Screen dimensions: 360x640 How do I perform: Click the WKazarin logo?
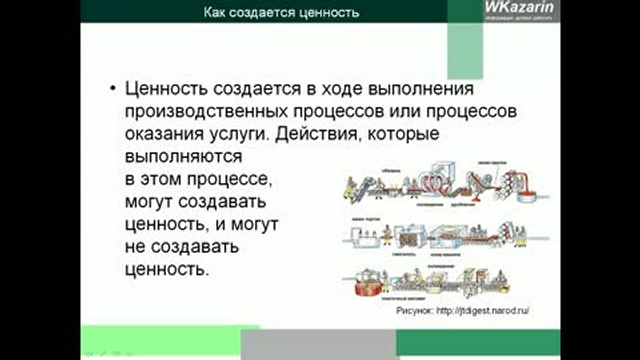click(513, 11)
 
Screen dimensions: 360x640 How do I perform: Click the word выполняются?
click(186, 156)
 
